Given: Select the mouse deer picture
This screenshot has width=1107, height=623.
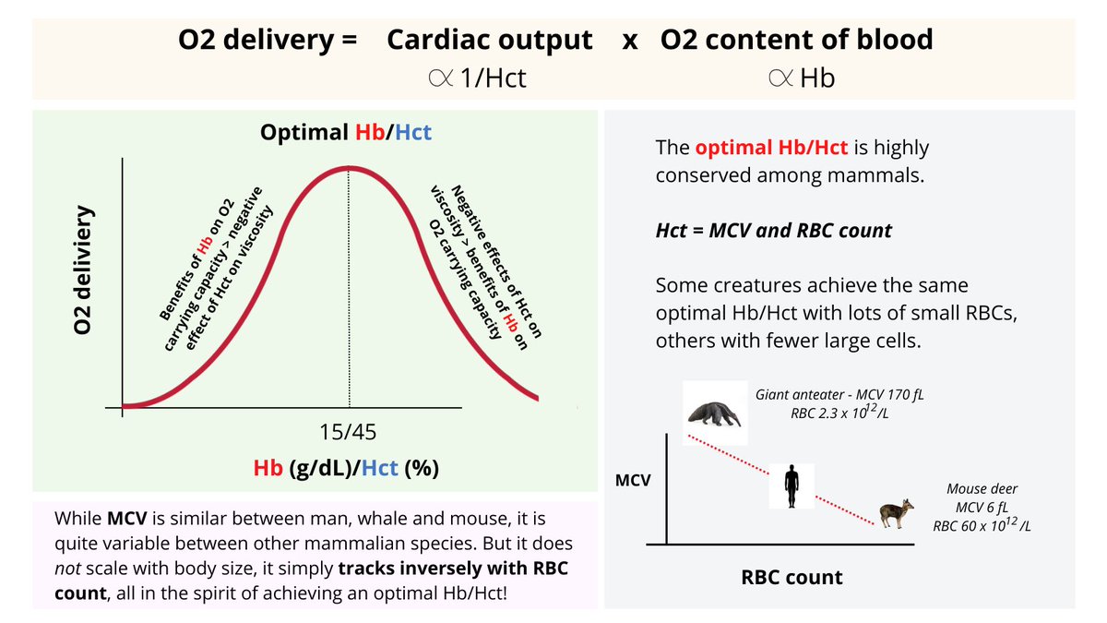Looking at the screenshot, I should point(891,514).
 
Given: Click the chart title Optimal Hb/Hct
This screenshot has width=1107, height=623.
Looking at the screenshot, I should point(346,132).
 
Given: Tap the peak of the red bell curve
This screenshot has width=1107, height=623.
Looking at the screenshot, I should point(348,168).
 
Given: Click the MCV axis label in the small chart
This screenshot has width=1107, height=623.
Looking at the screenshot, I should point(633,481).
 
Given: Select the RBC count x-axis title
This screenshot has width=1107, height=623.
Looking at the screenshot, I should point(792,578).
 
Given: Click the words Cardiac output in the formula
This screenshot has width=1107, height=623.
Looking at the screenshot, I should point(490,40).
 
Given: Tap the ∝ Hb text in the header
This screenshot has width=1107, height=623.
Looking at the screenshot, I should point(800,78).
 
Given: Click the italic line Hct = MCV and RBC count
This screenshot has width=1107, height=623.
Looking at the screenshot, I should point(773,231).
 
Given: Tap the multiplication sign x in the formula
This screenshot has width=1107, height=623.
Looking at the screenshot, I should point(630,41).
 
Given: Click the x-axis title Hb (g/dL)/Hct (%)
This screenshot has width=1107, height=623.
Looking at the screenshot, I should point(346,469).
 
